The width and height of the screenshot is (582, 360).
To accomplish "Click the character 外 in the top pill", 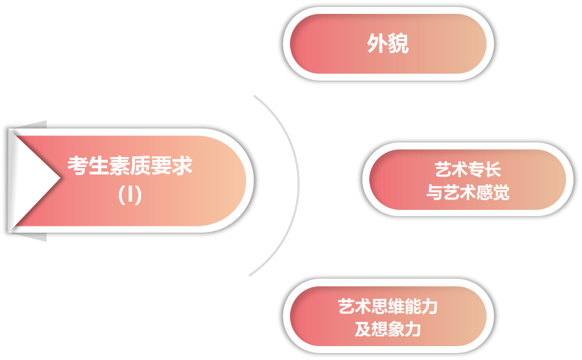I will click(x=378, y=44).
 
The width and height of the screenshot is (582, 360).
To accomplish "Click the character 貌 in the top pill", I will click(x=398, y=44).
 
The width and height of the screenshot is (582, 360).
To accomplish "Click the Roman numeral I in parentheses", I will click(x=130, y=195).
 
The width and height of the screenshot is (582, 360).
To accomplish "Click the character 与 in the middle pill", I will click(x=434, y=193).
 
